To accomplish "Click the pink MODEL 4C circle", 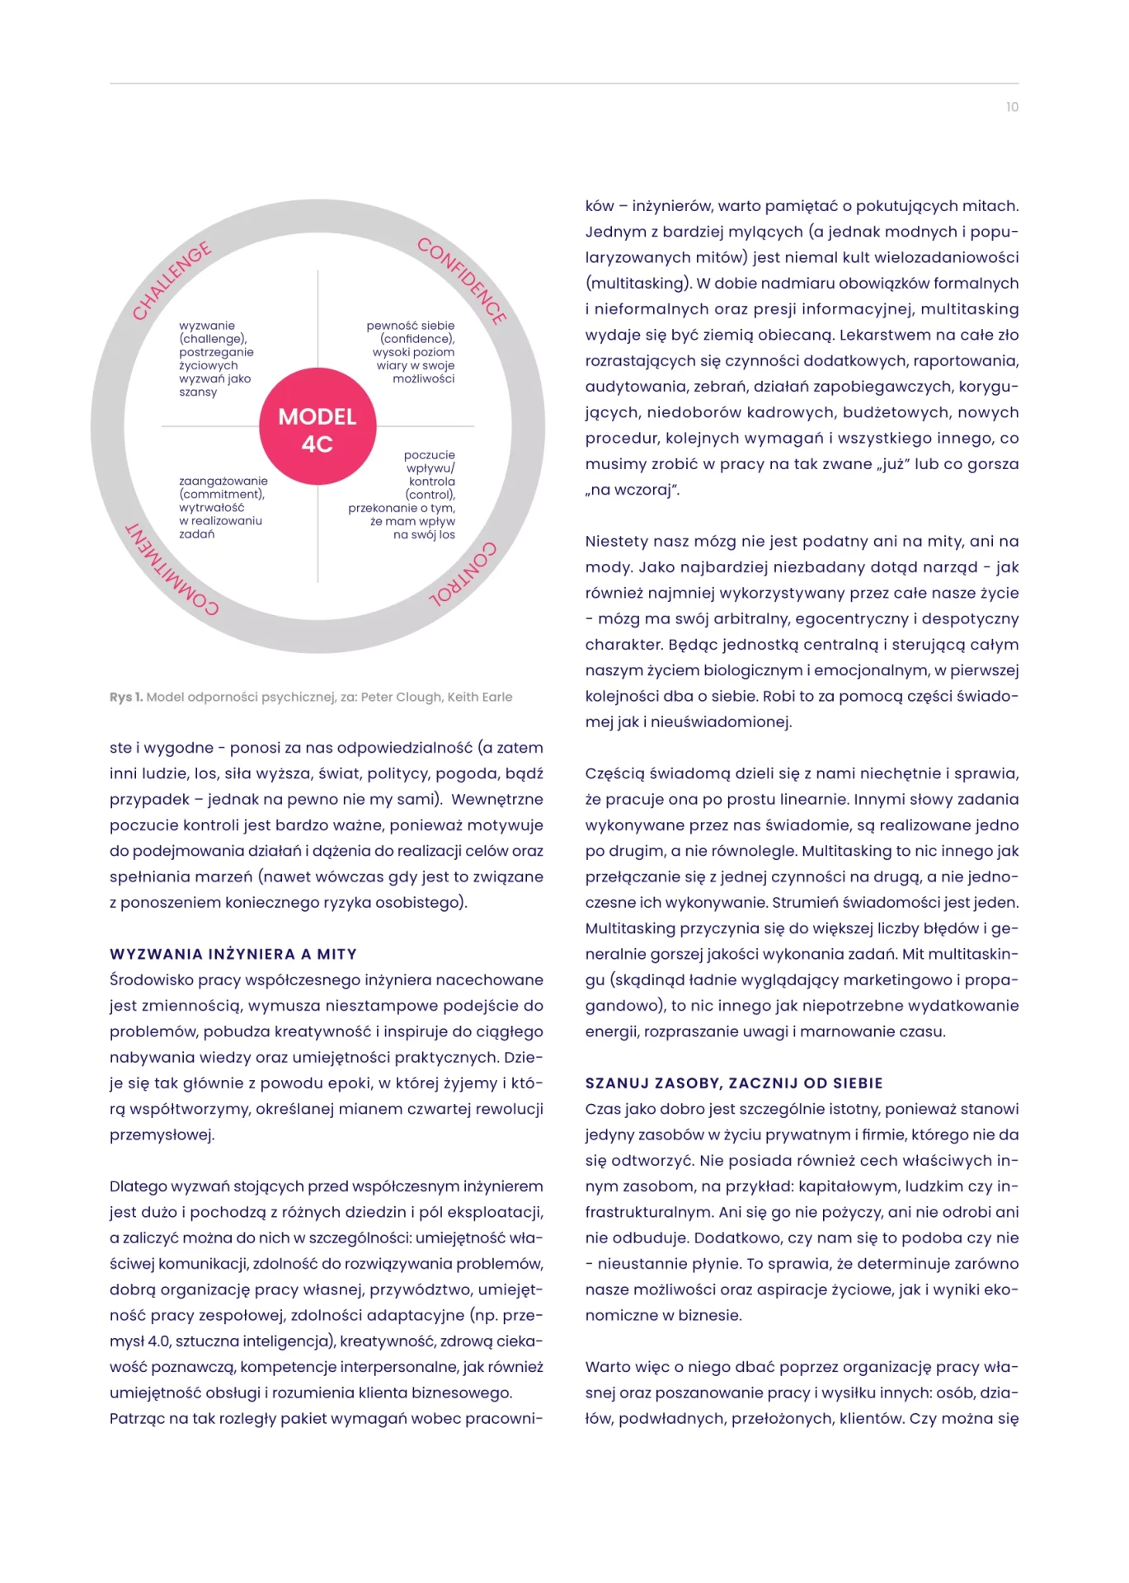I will click(318, 426).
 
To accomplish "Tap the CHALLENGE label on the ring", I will click(172, 281).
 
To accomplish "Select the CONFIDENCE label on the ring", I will click(462, 281).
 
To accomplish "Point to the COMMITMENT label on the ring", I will click(172, 570).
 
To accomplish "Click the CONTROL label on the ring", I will click(463, 575).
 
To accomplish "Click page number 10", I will click(1012, 107).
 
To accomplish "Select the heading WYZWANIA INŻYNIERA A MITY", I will click(233, 954).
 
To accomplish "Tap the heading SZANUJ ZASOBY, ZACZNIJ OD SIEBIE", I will click(734, 1083).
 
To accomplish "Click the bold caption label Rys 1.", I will click(126, 697).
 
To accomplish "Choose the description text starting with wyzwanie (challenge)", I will click(216, 359).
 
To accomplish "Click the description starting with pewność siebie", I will click(412, 352).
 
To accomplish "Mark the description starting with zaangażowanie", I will click(223, 507).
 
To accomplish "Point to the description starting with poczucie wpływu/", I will click(404, 495).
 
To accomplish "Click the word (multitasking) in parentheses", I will click(638, 283).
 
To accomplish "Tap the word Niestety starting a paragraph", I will click(617, 541).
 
